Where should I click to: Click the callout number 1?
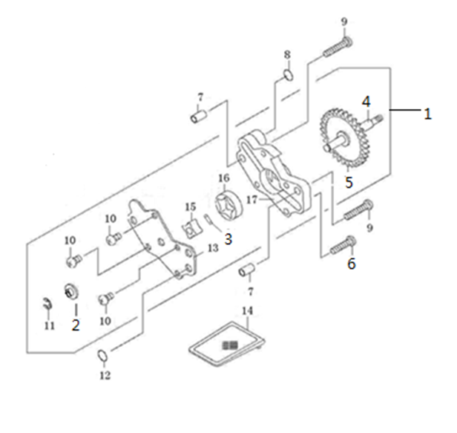click(427, 114)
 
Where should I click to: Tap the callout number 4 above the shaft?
click(366, 102)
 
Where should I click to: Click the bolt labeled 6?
click(343, 246)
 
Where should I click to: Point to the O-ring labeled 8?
click(289, 75)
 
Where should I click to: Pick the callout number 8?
click(287, 54)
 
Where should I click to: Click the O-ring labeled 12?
click(102, 355)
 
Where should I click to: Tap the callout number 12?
click(105, 375)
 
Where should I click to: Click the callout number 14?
click(247, 311)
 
